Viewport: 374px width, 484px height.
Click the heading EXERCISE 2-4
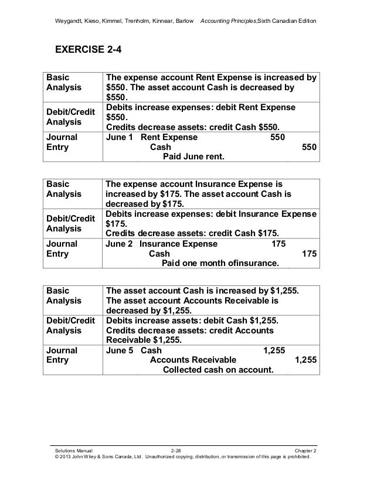93,49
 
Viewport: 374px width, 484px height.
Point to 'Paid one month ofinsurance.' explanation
220,264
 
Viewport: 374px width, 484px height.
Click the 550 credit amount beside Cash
310,147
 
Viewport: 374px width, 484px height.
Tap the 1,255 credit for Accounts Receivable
305,360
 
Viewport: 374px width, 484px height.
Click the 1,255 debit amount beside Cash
274,350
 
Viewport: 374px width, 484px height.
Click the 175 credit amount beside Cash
310,254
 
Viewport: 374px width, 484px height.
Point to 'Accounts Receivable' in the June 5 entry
193,360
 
